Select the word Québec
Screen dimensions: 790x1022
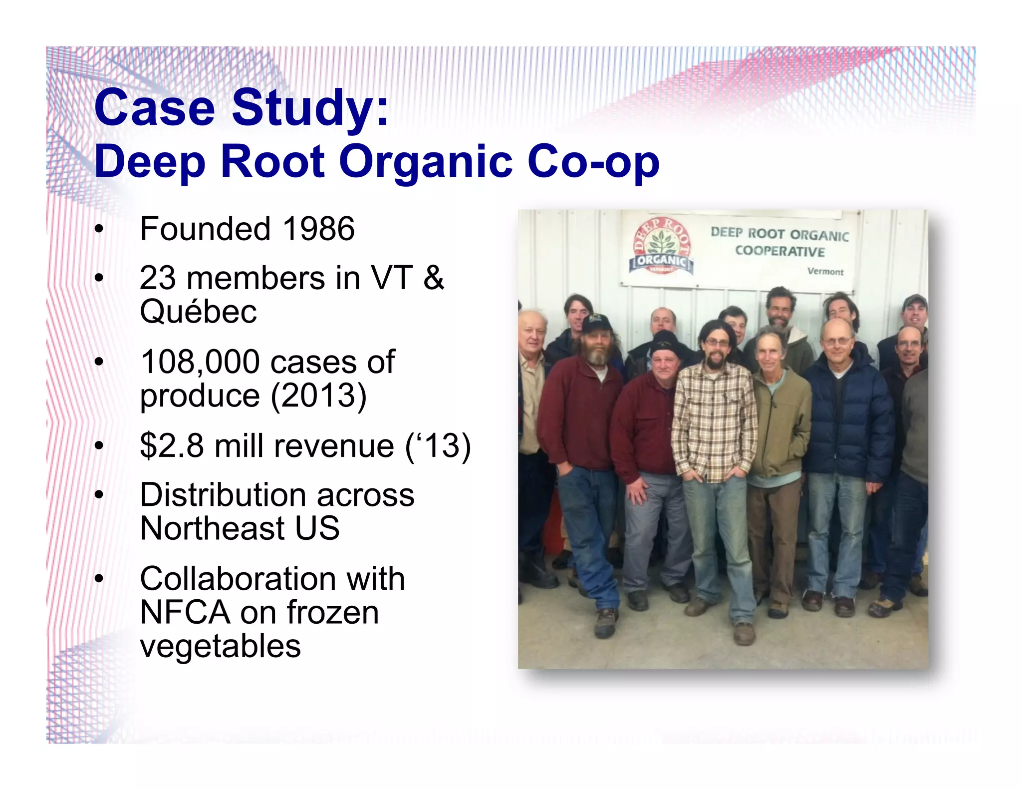coord(198,312)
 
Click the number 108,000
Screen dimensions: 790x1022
coord(200,362)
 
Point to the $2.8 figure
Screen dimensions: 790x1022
coord(172,445)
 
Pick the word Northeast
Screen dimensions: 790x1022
coord(212,528)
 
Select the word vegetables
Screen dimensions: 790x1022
coord(220,646)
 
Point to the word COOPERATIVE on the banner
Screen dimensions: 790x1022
coord(779,251)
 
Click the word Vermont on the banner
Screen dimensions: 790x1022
coord(825,272)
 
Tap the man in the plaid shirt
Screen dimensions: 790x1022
coord(714,424)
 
